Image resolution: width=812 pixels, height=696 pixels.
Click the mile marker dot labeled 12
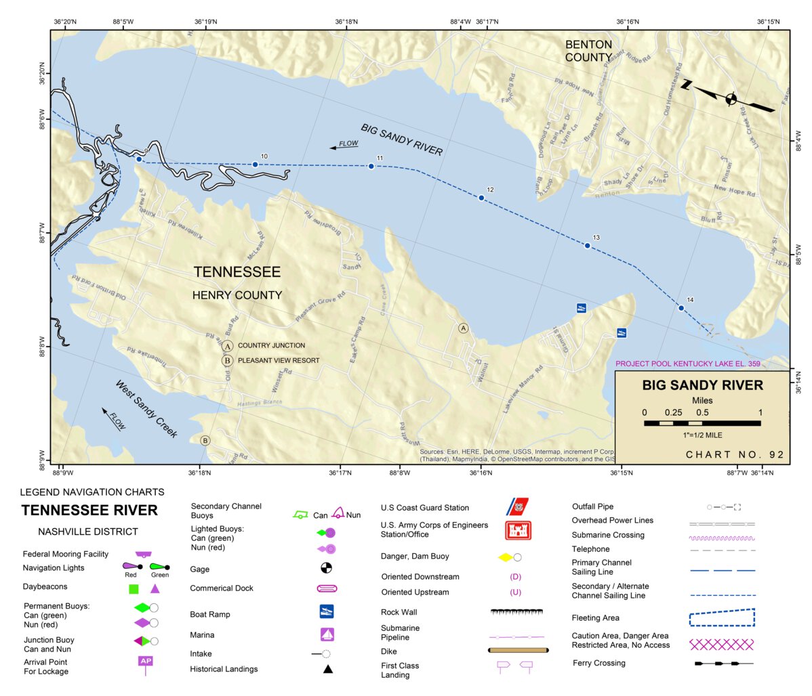click(481, 198)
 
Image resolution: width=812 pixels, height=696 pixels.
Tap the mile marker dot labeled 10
click(255, 165)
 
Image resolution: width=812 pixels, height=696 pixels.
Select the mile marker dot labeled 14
click(681, 308)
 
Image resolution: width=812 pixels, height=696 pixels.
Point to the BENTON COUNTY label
click(588, 51)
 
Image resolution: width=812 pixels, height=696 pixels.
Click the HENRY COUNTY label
click(237, 295)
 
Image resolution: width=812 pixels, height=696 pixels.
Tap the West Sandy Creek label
click(146, 409)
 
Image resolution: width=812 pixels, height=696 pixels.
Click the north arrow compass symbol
click(729, 99)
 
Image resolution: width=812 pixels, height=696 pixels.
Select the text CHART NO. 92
click(735, 454)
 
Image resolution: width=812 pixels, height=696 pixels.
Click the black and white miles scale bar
click(702, 423)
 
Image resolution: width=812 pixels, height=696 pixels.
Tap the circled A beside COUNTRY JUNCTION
click(228, 346)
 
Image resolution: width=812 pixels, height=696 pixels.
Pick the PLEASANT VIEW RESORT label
click(278, 361)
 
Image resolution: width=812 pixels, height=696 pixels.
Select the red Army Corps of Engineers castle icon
click(518, 530)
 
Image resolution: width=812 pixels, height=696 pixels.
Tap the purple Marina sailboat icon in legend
click(327, 635)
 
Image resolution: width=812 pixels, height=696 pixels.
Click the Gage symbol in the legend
click(326, 568)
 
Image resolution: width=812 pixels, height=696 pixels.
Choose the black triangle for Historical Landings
click(327, 670)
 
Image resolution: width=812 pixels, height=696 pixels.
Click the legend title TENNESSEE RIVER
click(89, 510)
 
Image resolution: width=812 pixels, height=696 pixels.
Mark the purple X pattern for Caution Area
click(721, 644)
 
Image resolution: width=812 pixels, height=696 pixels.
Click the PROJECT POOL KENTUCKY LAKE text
click(687, 364)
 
